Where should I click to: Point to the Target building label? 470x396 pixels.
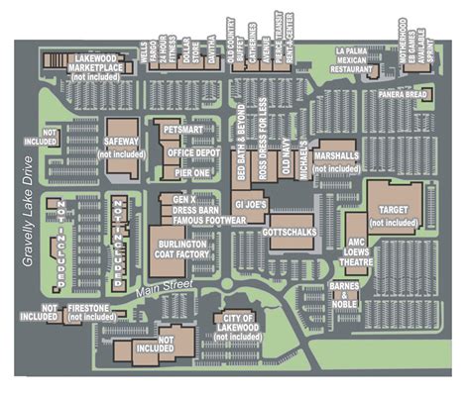(395, 211)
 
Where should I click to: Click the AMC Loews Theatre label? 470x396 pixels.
(358, 251)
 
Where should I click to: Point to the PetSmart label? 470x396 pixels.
(183, 131)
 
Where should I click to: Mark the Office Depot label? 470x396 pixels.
(193, 152)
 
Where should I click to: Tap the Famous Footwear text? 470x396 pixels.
(202, 221)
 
